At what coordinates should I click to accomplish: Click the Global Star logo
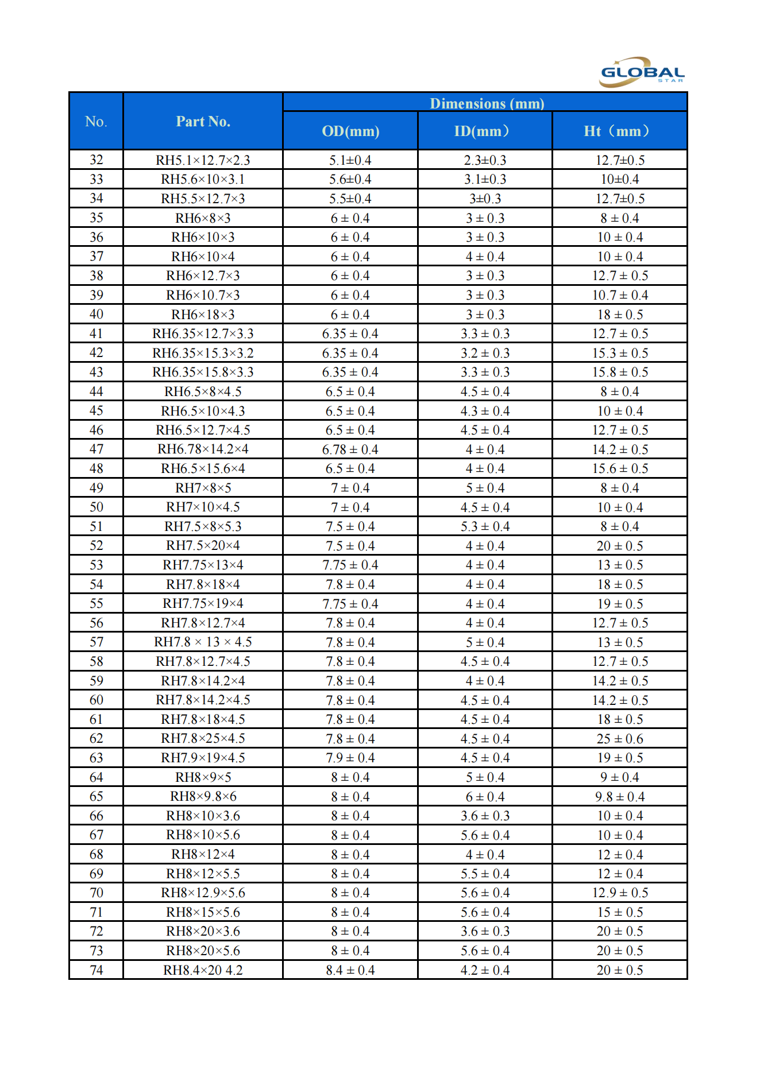(x=641, y=72)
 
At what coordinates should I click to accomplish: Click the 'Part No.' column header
(x=203, y=122)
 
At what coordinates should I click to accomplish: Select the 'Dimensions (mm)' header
(x=487, y=103)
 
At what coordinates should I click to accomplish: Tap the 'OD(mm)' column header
(x=350, y=131)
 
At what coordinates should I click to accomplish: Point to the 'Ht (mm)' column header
(x=619, y=131)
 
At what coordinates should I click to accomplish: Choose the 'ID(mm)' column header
(x=484, y=131)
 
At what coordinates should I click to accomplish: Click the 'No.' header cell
(x=96, y=122)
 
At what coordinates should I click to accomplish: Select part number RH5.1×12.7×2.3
(x=203, y=160)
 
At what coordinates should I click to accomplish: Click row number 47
(x=96, y=449)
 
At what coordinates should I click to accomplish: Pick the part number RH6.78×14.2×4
(x=203, y=449)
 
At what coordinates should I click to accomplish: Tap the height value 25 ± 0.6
(x=619, y=739)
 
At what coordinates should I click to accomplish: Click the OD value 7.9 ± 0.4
(x=350, y=758)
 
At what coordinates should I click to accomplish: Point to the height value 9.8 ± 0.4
(x=619, y=797)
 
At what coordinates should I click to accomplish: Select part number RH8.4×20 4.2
(x=203, y=970)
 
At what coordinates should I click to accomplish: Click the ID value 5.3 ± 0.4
(x=485, y=526)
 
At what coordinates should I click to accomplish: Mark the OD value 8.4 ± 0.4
(x=350, y=970)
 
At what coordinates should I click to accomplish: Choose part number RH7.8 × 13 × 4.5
(x=203, y=642)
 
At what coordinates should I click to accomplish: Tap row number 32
(x=96, y=160)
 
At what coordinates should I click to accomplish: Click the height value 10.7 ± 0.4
(x=619, y=295)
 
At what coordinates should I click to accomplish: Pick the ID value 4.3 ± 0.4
(x=485, y=411)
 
